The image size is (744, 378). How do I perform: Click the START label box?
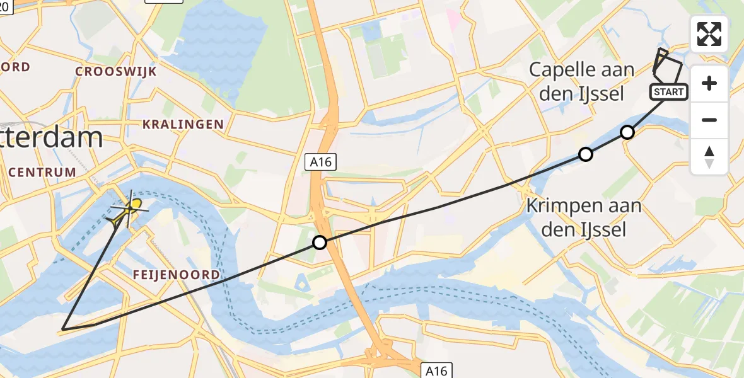click(x=668, y=92)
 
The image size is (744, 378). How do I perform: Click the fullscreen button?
click(x=709, y=34)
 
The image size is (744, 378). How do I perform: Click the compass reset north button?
click(x=709, y=157)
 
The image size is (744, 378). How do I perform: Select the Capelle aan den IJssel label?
click(x=577, y=82)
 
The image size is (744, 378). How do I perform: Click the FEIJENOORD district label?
click(x=177, y=275)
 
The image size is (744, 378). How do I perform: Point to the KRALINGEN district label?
click(x=183, y=124)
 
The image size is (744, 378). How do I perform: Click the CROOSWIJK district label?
click(x=116, y=71)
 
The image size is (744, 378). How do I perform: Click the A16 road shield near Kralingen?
click(x=321, y=162)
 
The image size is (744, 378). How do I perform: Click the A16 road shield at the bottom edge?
click(x=436, y=370)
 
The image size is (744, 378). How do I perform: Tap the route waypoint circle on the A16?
click(x=320, y=242)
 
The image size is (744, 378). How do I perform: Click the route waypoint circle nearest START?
click(x=627, y=132)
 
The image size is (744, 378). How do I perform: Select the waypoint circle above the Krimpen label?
click(x=586, y=154)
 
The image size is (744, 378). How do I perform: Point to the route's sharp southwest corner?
click(x=63, y=329)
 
